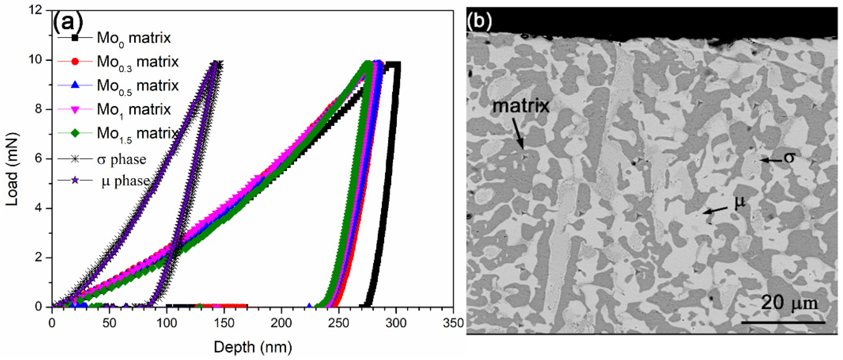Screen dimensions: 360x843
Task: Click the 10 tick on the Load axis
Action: coord(39,60)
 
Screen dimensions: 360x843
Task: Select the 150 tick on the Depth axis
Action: coord(224,323)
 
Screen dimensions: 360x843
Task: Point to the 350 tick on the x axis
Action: coord(453,323)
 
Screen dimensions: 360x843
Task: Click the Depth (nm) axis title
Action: coord(253,347)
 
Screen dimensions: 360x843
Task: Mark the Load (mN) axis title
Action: coord(12,169)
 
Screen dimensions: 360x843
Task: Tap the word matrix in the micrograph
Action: coord(521,106)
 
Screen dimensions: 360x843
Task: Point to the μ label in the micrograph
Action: coord(740,202)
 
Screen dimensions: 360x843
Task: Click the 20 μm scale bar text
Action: coord(789,303)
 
